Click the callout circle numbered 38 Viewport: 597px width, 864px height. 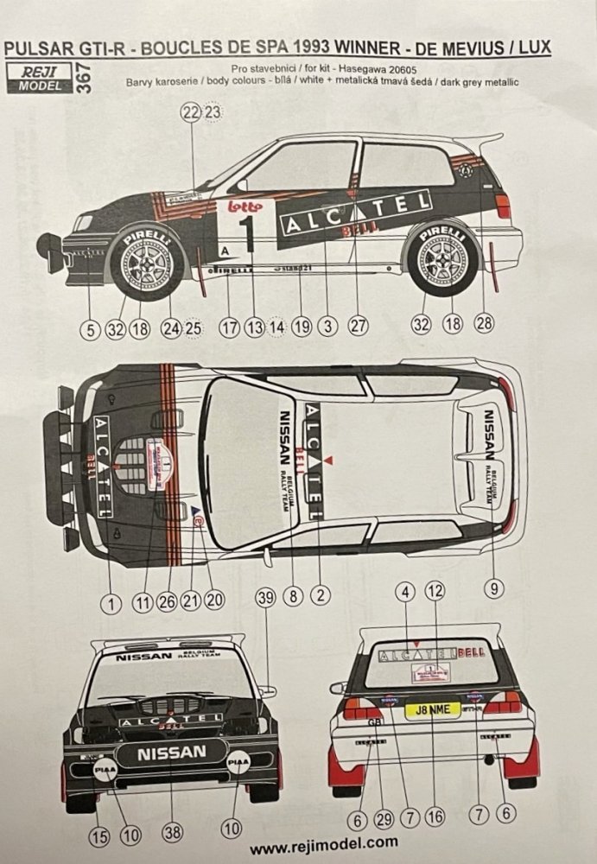click(x=173, y=832)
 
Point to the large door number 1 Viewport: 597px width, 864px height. click(x=247, y=232)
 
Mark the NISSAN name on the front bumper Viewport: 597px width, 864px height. click(x=173, y=753)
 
